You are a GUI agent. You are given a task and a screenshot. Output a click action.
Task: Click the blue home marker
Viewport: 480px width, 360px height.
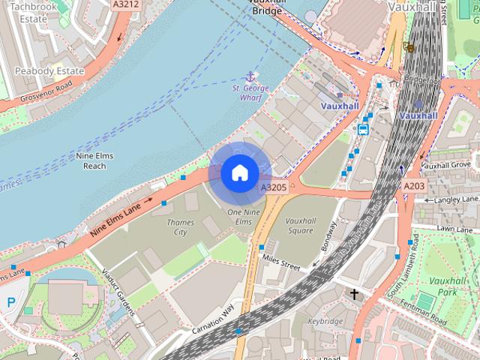click(239, 173)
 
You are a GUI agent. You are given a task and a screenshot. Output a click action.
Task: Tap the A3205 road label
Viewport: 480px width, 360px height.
click(273, 187)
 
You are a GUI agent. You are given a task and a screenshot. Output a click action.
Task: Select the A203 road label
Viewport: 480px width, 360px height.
click(413, 186)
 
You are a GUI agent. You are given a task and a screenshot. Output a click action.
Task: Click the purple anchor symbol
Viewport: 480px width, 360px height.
click(250, 76)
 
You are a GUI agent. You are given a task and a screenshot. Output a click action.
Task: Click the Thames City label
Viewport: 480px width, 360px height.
click(180, 227)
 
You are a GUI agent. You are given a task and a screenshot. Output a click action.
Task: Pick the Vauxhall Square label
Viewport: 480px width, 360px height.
click(310, 226)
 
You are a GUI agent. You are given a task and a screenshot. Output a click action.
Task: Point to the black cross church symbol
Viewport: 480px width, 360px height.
click(354, 295)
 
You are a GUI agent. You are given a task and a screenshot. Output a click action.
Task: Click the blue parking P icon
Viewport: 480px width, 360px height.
click(10, 302)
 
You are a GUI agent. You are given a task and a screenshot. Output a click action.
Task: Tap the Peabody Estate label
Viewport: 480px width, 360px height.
click(49, 70)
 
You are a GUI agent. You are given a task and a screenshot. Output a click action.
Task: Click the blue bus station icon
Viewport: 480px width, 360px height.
click(363, 129)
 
